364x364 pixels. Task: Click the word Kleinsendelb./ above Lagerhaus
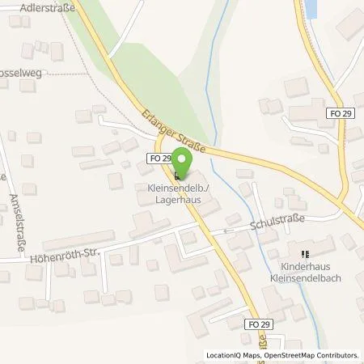coord(175,187)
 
